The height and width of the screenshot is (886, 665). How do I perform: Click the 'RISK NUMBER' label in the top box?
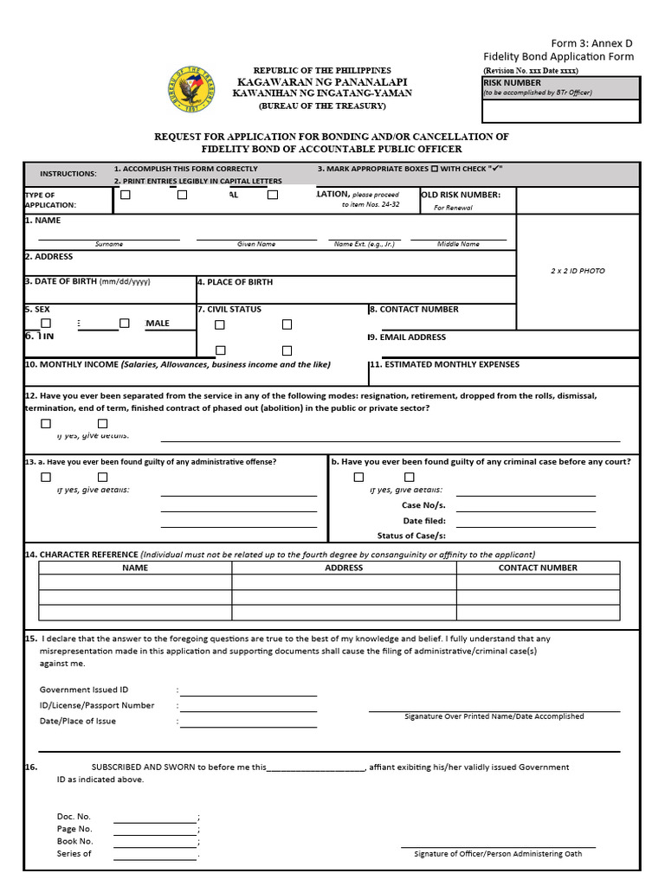(x=512, y=83)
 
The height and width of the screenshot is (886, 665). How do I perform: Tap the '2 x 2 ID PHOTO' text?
(x=578, y=271)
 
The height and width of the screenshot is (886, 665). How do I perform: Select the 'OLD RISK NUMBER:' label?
(x=461, y=195)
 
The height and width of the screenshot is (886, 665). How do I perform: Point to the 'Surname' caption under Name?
(x=109, y=244)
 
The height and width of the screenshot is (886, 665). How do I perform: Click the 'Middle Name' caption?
(x=458, y=244)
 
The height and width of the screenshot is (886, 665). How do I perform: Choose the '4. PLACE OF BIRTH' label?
(x=235, y=282)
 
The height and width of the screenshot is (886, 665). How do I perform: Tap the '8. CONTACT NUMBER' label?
(x=414, y=309)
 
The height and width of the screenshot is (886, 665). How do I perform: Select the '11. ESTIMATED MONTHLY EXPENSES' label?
(x=444, y=364)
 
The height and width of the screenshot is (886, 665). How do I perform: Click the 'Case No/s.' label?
(x=423, y=505)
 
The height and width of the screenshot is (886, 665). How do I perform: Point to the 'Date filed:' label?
(x=424, y=521)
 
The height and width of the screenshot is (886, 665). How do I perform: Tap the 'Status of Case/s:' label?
(x=411, y=536)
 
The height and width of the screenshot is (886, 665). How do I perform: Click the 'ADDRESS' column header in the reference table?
(x=344, y=568)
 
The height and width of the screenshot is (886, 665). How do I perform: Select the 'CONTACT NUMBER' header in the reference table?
(x=538, y=568)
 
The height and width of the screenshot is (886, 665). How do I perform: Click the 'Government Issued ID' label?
(x=84, y=690)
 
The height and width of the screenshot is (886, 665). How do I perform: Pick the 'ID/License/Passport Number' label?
(x=97, y=705)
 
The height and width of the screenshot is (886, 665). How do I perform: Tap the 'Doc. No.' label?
(x=74, y=816)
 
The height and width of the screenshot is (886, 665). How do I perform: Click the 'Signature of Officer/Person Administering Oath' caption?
(x=498, y=854)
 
